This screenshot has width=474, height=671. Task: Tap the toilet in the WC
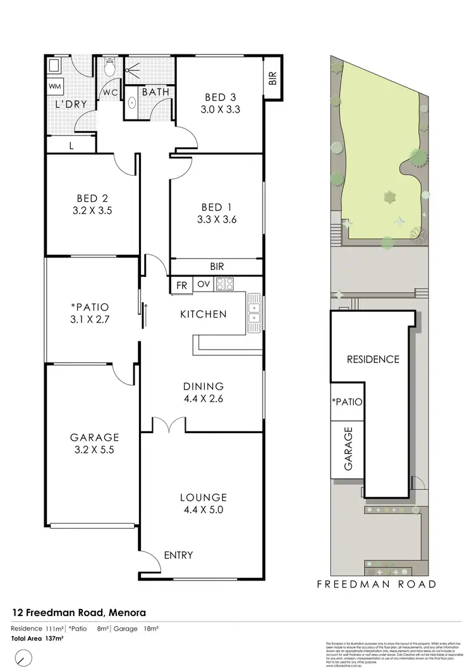(110, 66)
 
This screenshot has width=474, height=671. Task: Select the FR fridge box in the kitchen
(181, 285)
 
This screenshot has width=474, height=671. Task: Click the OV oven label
(202, 285)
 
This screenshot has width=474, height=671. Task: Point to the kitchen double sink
(254, 314)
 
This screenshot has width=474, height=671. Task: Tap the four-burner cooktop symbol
(224, 284)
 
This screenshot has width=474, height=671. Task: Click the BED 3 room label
(220, 97)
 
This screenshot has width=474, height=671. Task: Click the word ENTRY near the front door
(178, 555)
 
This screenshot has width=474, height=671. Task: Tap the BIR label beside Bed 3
(273, 78)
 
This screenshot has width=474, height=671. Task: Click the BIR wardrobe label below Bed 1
(216, 267)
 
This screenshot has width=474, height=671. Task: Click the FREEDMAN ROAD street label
(377, 584)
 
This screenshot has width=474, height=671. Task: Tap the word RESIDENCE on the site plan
(373, 359)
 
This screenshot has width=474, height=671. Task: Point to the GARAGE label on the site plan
(347, 448)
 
